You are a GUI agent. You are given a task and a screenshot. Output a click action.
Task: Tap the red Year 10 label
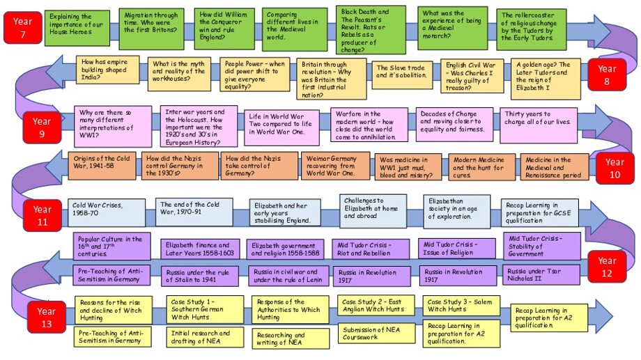click(614, 168)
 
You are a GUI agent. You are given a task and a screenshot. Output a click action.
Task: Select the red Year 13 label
click(46, 317)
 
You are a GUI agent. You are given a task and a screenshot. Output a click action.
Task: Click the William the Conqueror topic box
click(222, 26)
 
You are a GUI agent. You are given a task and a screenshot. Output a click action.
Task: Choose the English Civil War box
click(472, 76)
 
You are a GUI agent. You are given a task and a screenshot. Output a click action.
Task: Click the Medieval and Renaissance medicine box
click(554, 167)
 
